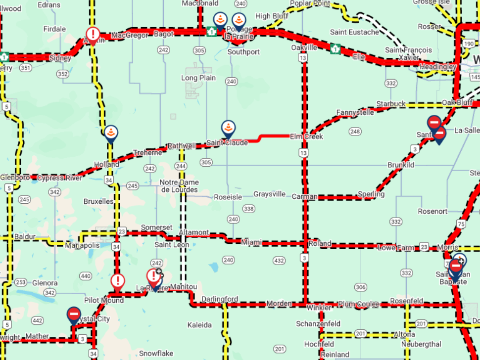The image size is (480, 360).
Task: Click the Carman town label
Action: click(x=304, y=197)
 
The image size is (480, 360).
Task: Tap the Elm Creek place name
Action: click(x=306, y=136)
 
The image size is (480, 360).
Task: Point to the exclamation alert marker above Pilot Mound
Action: click(x=117, y=281)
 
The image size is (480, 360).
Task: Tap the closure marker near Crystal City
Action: click(x=74, y=315)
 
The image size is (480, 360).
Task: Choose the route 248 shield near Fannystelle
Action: click(x=355, y=132)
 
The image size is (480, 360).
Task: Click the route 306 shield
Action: click(x=361, y=287)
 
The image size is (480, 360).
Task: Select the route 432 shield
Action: click(x=279, y=260)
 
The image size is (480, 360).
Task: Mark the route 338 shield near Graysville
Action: click(x=249, y=209)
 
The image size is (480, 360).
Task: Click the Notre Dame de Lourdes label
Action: click(x=179, y=186)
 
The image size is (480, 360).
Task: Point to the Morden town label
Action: click(x=279, y=303)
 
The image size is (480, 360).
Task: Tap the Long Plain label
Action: click(x=198, y=78)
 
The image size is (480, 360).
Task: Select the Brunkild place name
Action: click(x=401, y=165)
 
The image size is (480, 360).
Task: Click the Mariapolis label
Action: click(x=82, y=245)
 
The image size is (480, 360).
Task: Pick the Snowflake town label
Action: click(x=156, y=353)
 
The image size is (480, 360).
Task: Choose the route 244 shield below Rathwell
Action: click(x=181, y=166)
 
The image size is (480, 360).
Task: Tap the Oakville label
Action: click(x=304, y=47)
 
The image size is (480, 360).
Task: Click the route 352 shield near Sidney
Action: click(x=62, y=74)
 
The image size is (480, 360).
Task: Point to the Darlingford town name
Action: click(x=220, y=299)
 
